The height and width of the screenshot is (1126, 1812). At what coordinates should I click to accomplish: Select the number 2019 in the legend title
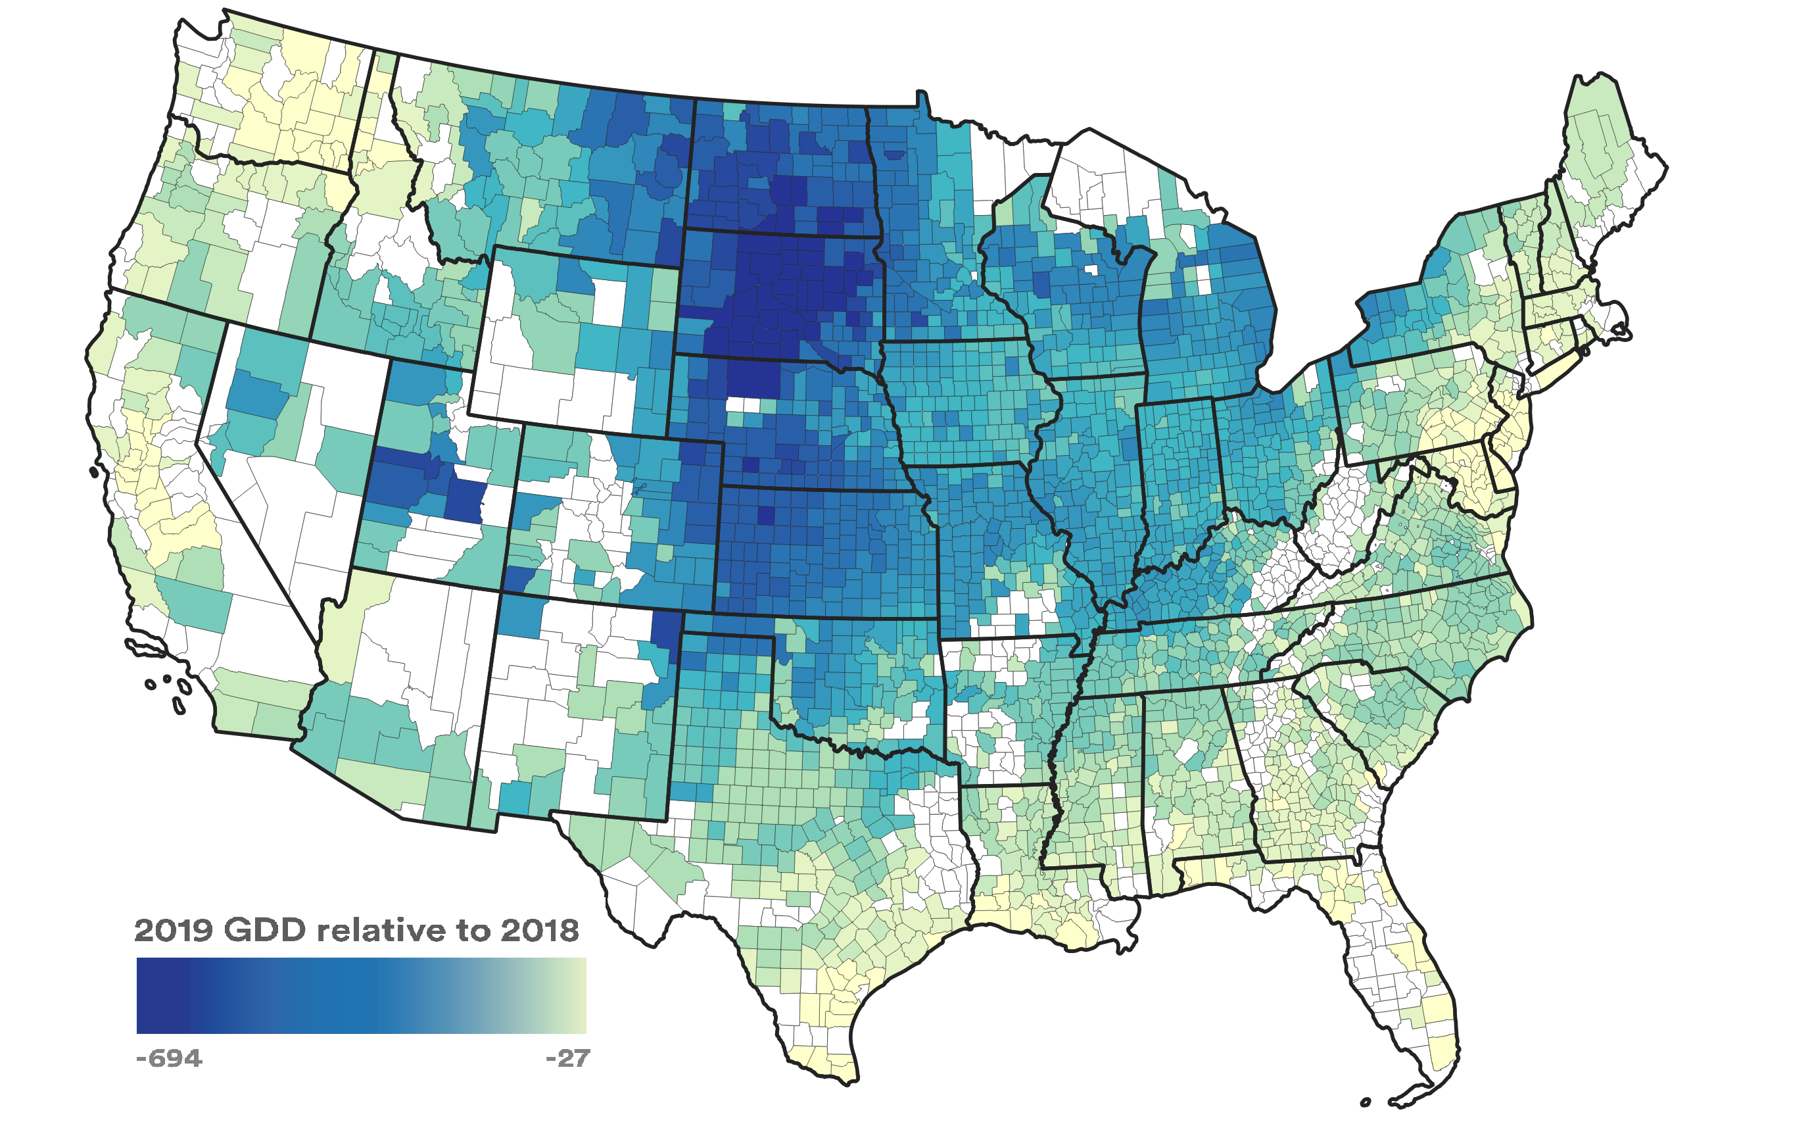pos(174,931)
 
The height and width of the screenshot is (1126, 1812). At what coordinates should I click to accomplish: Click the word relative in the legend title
pos(383,931)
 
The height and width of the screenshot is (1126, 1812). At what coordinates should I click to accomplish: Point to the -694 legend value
pos(169,1058)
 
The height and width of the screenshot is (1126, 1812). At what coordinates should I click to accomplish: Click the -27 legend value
pos(567,1058)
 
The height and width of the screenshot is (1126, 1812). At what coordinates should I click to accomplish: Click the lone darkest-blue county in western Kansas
pos(765,516)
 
